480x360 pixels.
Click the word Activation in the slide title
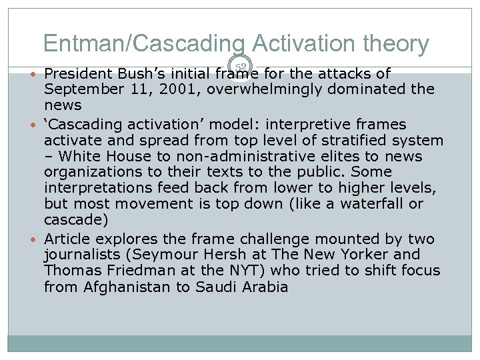[303, 43]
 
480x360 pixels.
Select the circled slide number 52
[241, 67]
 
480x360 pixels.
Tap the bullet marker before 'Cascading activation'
[34, 125]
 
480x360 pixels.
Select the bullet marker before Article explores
[34, 239]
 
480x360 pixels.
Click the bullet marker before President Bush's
[34, 73]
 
